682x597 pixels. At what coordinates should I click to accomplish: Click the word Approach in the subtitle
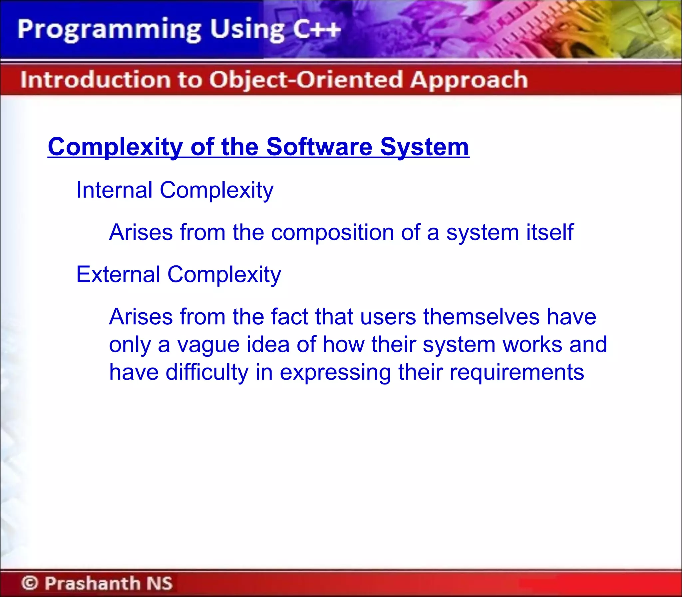(469, 80)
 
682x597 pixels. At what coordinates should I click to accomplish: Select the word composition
(332, 232)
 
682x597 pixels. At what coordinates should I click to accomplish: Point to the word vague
(208, 345)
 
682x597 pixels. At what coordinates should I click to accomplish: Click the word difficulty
(207, 372)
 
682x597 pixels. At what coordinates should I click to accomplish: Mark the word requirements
(516, 372)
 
